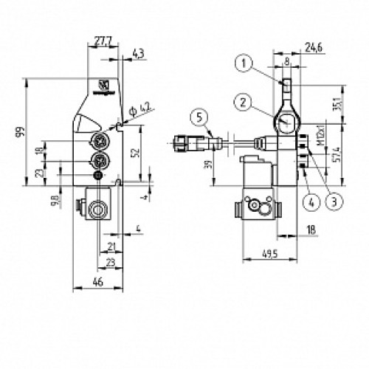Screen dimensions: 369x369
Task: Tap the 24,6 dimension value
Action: click(x=315, y=49)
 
